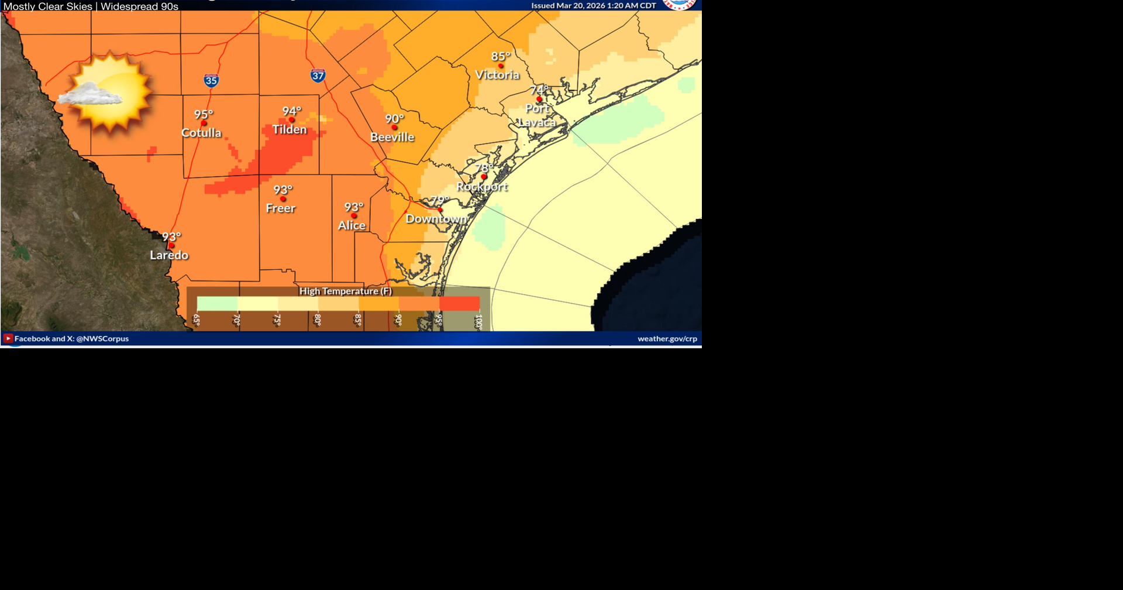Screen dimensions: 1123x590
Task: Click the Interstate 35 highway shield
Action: pyautogui.click(x=211, y=81)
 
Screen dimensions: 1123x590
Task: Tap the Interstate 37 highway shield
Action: pyautogui.click(x=318, y=76)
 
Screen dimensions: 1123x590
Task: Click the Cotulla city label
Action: pyautogui.click(x=201, y=133)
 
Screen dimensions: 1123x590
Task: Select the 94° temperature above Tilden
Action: pyautogui.click(x=291, y=111)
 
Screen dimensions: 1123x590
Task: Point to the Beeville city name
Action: pyautogui.click(x=392, y=137)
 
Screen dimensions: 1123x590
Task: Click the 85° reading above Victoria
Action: pyautogui.click(x=501, y=56)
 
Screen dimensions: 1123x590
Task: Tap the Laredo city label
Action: pyautogui.click(x=169, y=255)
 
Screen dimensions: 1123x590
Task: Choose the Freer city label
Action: pyautogui.click(x=281, y=208)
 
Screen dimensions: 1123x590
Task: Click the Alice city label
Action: pyautogui.click(x=352, y=225)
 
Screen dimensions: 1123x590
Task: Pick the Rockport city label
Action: pyautogui.click(x=481, y=187)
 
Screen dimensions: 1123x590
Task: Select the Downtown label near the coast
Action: pyautogui.click(x=436, y=219)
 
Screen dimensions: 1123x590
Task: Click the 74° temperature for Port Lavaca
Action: pyautogui.click(x=539, y=90)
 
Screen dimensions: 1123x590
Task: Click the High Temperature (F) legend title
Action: pyautogui.click(x=345, y=291)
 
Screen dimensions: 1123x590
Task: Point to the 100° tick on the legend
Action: pyautogui.click(x=478, y=321)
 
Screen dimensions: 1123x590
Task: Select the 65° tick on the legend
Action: pyautogui.click(x=197, y=320)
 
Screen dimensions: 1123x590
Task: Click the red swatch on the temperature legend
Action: pyautogui.click(x=459, y=303)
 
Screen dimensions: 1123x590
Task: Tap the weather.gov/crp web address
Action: pyautogui.click(x=667, y=338)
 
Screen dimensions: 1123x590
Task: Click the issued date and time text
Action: pyautogui.click(x=593, y=6)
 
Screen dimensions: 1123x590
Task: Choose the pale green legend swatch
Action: pyautogui.click(x=217, y=303)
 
